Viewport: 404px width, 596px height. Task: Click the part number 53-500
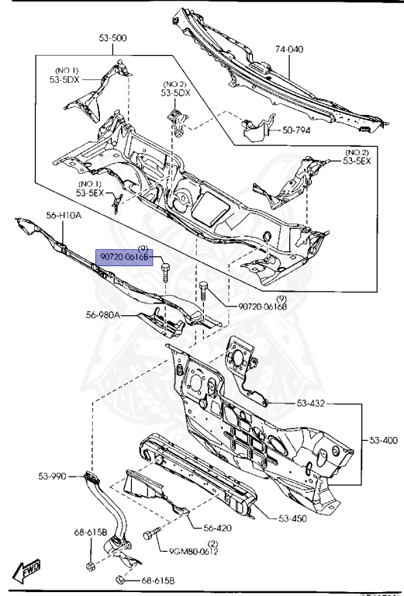[x=113, y=37]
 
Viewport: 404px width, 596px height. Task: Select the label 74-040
[x=288, y=48]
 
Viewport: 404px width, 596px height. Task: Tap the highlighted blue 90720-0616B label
[x=124, y=257]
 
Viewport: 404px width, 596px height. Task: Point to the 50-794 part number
[x=295, y=130]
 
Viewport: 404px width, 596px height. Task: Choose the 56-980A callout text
[x=103, y=315]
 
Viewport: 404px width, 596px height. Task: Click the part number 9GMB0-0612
[x=195, y=552]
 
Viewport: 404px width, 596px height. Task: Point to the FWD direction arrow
[x=29, y=571]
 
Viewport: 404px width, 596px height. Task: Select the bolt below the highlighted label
[x=165, y=276]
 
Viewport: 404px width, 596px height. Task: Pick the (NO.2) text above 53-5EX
[x=357, y=152]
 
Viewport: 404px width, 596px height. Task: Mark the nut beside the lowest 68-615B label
[x=122, y=579]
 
